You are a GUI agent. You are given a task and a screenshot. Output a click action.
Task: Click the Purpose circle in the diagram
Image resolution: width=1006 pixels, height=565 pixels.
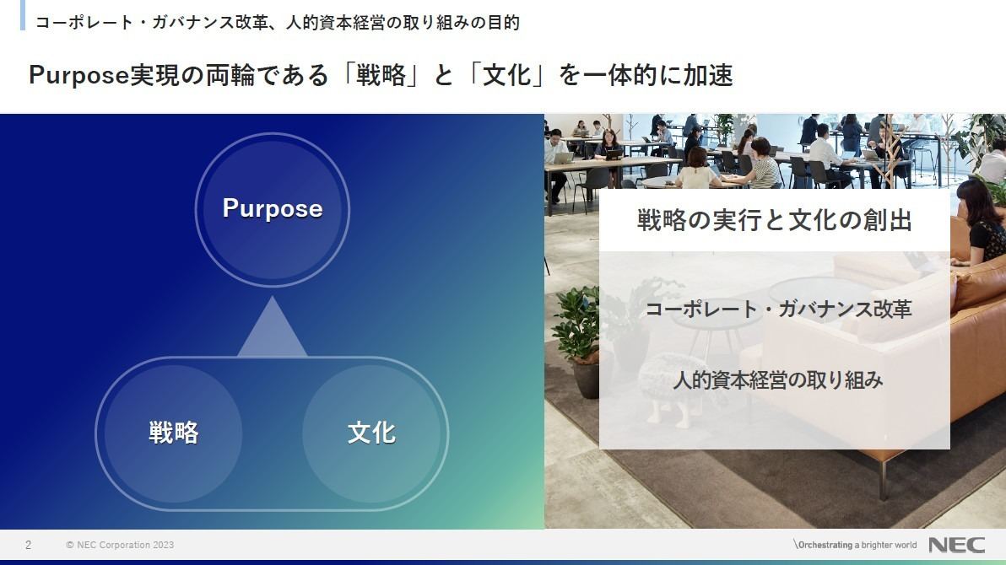(x=272, y=209)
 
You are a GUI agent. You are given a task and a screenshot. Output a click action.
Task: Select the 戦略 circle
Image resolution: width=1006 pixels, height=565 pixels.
(x=173, y=433)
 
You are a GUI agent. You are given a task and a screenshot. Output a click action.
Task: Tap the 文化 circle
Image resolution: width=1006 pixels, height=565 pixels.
(x=371, y=433)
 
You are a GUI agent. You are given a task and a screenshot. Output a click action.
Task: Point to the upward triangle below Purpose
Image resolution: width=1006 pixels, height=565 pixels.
(x=272, y=327)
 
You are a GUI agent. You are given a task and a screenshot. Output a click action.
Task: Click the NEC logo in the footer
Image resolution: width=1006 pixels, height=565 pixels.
(x=956, y=545)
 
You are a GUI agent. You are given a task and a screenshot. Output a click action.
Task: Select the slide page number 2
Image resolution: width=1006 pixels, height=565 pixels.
(x=28, y=545)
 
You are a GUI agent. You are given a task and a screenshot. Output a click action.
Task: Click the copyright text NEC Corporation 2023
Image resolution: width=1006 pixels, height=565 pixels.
(x=120, y=545)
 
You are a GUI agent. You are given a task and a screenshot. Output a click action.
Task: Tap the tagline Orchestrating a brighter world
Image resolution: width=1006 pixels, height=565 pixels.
(x=855, y=545)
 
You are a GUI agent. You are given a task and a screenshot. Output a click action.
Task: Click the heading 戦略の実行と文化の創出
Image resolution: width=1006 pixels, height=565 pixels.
(x=775, y=220)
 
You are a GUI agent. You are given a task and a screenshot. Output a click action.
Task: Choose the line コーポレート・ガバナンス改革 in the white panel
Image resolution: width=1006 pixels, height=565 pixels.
(x=778, y=309)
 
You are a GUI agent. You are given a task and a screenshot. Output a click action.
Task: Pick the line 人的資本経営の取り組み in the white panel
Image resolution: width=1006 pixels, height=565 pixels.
(x=778, y=380)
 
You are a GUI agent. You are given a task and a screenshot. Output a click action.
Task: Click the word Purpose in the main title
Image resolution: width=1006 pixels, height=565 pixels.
(x=79, y=76)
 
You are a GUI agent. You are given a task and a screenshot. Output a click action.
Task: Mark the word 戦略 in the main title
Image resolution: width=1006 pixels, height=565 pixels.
(x=381, y=76)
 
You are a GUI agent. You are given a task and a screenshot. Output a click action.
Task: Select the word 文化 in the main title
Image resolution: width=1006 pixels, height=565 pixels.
(x=507, y=76)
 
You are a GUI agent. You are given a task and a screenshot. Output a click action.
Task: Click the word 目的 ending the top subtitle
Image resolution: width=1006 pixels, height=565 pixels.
(x=503, y=23)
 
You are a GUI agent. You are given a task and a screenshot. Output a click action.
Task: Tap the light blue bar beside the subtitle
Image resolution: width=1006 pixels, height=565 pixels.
(x=23, y=14)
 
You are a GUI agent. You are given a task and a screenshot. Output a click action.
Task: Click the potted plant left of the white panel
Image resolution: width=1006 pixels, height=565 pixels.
(x=579, y=340)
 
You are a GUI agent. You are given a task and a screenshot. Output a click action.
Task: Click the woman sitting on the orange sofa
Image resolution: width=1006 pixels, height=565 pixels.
(x=982, y=221)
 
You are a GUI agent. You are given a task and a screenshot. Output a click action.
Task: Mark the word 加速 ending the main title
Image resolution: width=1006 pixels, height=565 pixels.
(x=708, y=76)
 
